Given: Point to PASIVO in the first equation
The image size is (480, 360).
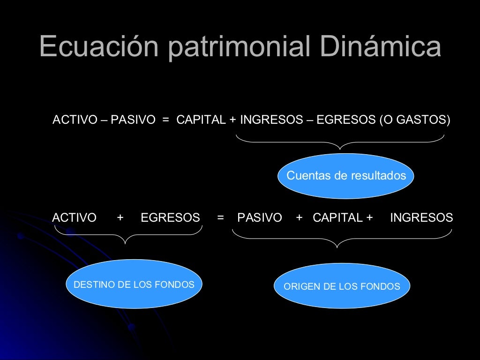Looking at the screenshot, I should coord(133,120).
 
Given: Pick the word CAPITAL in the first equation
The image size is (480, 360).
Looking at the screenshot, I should coord(201,120).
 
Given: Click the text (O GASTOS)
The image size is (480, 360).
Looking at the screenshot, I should coord(414,120).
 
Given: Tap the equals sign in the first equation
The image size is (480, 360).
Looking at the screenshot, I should coord(165,120).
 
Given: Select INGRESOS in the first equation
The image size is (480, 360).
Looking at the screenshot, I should coord(271,120).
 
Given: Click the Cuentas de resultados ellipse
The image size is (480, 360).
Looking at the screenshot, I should coord(346,176).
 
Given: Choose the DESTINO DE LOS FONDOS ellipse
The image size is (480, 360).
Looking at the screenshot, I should coord(134,284).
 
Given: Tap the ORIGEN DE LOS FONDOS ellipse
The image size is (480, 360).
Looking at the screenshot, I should coord(342,286).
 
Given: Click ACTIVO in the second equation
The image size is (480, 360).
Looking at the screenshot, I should coord(74,217).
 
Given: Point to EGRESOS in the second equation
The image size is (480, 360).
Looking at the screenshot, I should coord(170,217).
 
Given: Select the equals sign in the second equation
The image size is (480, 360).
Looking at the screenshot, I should coord(220,217).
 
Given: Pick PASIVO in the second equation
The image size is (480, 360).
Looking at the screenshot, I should coord(260,217).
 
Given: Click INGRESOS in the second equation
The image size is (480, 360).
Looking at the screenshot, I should coord(421,217).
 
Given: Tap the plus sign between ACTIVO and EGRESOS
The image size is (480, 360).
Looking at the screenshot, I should coord(120,217).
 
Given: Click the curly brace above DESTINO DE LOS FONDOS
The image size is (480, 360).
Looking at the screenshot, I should coord(125,234).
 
